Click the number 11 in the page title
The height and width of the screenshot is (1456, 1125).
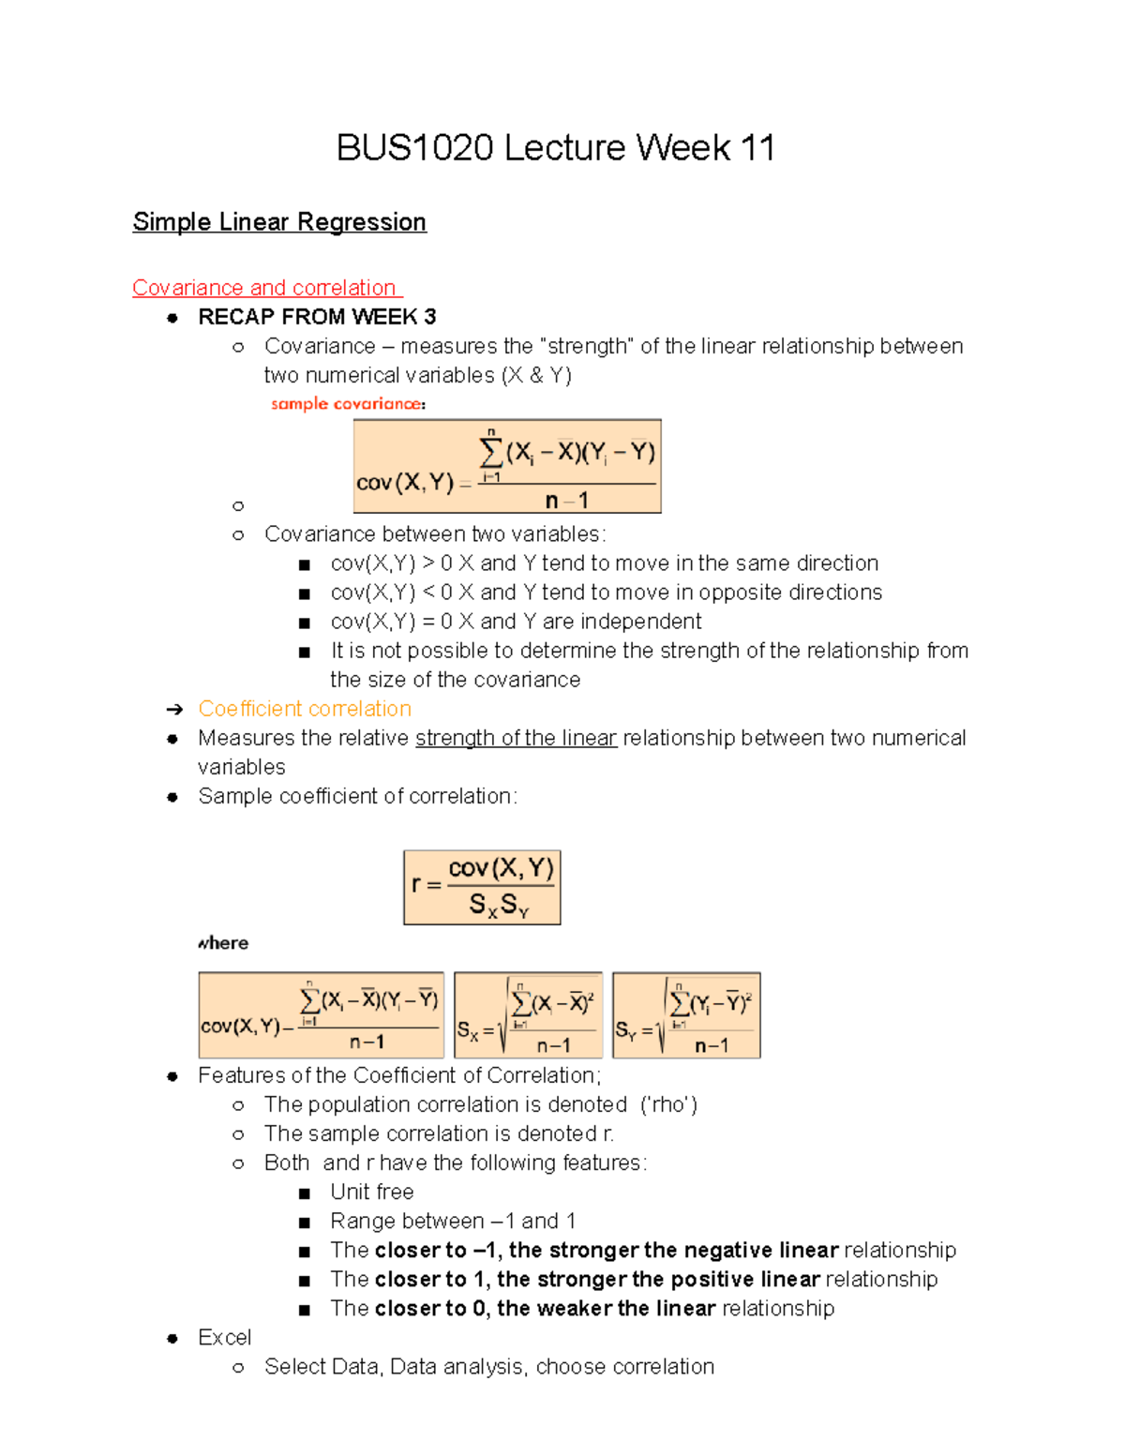click(x=757, y=148)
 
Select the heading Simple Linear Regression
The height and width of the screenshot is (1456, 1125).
click(x=279, y=222)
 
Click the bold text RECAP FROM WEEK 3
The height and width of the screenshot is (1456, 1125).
click(x=317, y=317)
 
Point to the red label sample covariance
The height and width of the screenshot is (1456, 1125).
click(x=347, y=404)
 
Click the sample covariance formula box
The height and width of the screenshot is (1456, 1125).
click(x=507, y=467)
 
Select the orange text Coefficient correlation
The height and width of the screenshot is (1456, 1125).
click(x=305, y=709)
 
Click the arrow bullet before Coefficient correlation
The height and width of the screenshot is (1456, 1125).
click(x=173, y=710)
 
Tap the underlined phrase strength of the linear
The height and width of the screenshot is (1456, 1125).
click(x=516, y=738)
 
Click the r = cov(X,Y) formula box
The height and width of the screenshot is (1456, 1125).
click(x=482, y=887)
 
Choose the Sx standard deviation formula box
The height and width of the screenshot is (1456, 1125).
click(x=528, y=1015)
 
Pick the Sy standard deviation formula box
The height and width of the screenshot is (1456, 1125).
click(x=686, y=1015)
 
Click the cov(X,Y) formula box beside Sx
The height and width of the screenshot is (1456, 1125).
click(x=321, y=1015)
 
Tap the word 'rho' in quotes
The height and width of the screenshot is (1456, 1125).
click(x=668, y=1104)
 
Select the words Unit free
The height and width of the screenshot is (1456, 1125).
click(x=371, y=1192)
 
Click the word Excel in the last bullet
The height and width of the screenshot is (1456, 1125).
click(x=224, y=1337)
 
